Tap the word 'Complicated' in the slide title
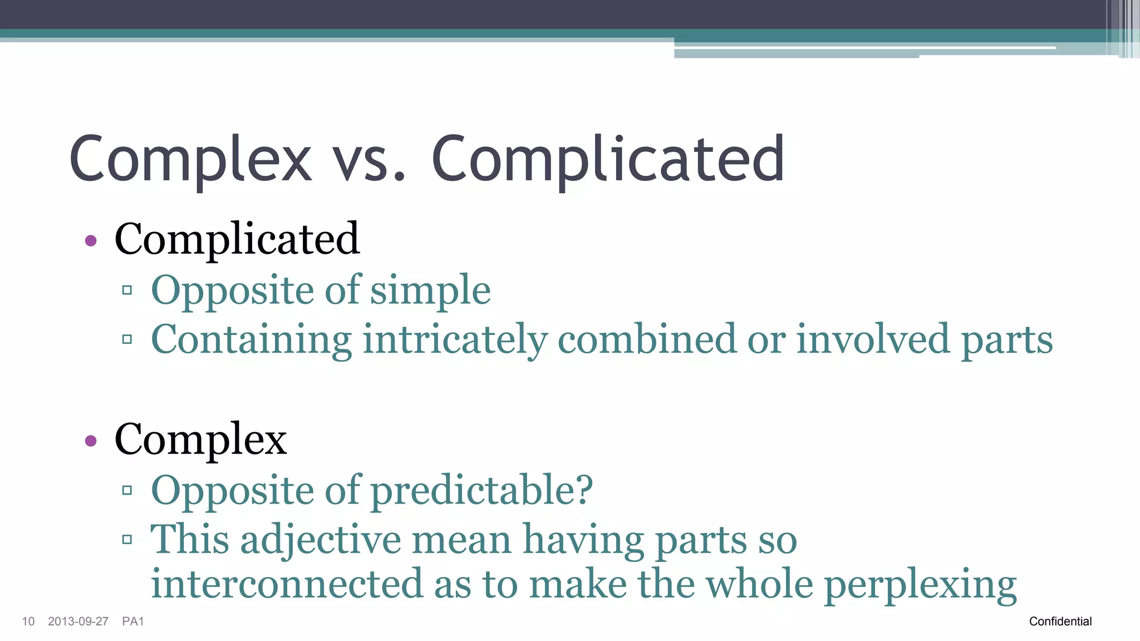click(608, 160)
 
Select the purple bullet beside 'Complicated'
click(91, 241)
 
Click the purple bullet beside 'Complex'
click(91, 441)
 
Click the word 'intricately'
click(454, 339)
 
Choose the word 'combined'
click(646, 339)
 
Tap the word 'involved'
click(873, 339)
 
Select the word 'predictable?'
click(481, 491)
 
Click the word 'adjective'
click(321, 540)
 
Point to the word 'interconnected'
click(287, 584)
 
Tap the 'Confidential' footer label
click(1060, 622)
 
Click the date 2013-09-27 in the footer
click(78, 622)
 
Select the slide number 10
click(28, 622)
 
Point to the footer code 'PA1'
click(133, 622)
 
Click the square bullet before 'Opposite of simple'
click(127, 290)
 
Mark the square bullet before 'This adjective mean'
click(127, 539)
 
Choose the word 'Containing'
click(251, 339)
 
